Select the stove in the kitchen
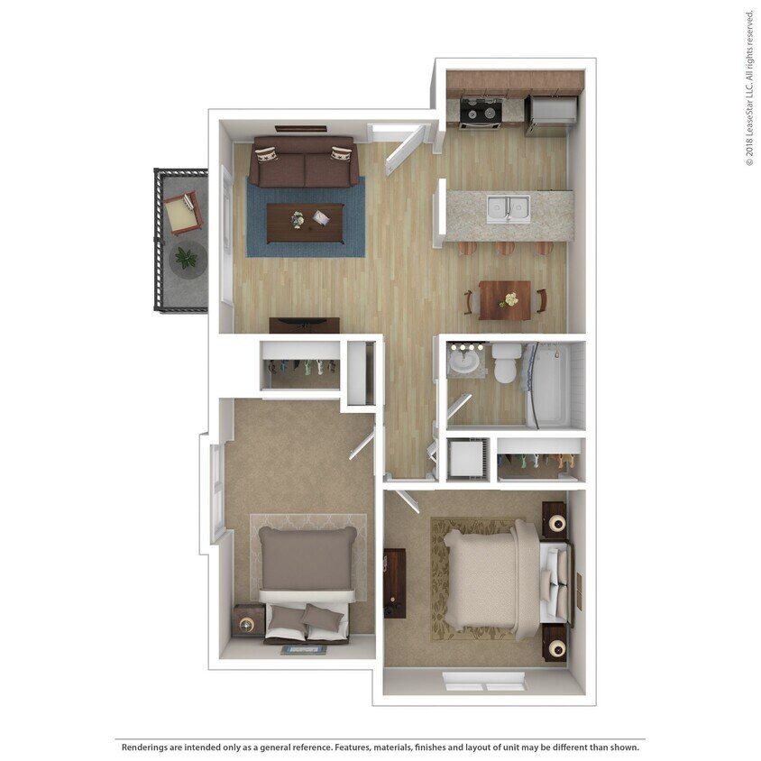[x=480, y=113]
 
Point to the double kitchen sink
[x=508, y=208]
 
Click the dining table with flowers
[x=505, y=299]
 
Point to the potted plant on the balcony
[x=187, y=259]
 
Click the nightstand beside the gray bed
[x=248, y=620]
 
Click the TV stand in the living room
[x=305, y=325]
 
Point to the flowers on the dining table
[x=509, y=298]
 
